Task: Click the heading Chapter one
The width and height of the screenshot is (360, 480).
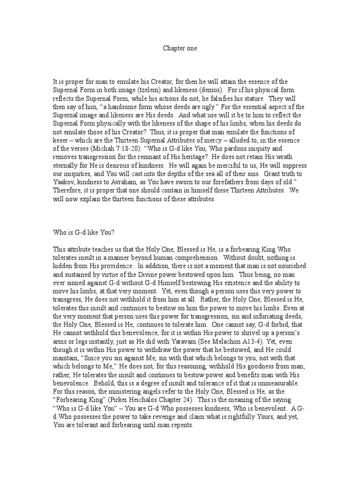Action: click(x=180, y=47)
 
